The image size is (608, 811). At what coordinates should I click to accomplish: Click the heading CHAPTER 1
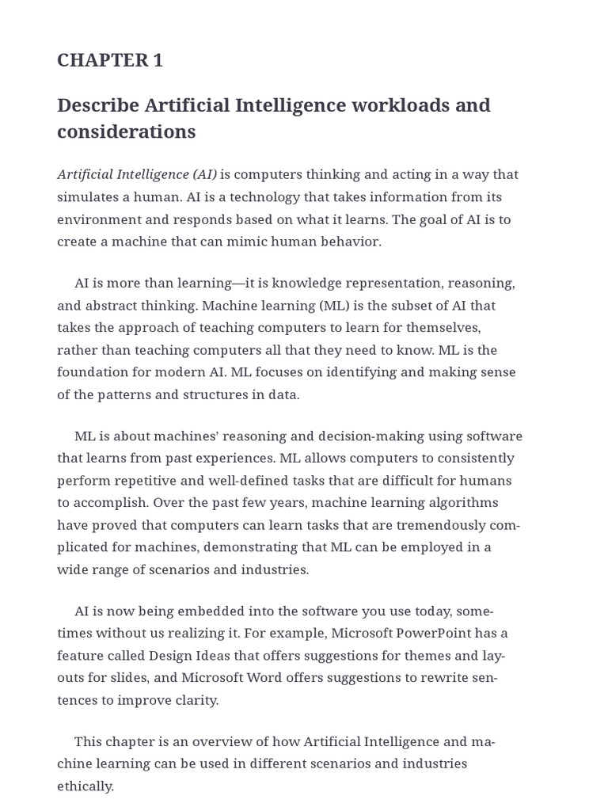click(x=110, y=60)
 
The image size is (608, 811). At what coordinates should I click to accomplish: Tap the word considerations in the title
click(x=126, y=131)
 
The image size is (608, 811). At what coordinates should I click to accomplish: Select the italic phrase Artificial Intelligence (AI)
click(x=137, y=174)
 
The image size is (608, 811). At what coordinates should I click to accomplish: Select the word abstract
click(x=110, y=305)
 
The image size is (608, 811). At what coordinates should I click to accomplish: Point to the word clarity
click(x=195, y=699)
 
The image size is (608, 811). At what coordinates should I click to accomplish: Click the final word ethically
click(x=85, y=786)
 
